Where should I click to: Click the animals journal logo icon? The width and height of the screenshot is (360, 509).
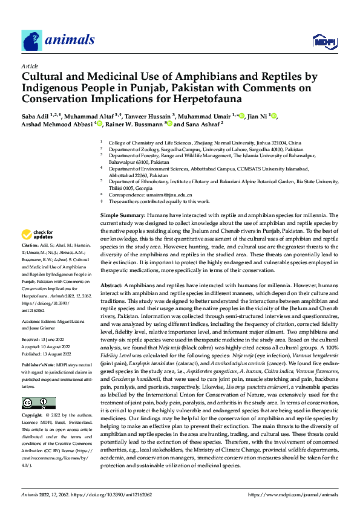31,41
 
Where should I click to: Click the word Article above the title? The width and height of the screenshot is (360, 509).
30,66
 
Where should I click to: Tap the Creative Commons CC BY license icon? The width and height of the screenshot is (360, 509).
38,403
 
